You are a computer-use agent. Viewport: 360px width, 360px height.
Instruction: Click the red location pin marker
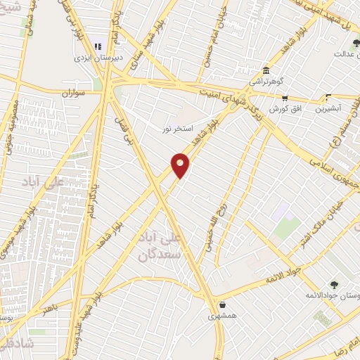click(181, 165)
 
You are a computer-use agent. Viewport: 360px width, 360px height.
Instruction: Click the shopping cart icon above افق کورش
click(285, 98)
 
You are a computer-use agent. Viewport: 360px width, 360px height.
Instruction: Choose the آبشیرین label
click(328, 109)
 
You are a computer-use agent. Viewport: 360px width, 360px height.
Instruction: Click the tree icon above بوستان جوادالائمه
click(333, 284)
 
